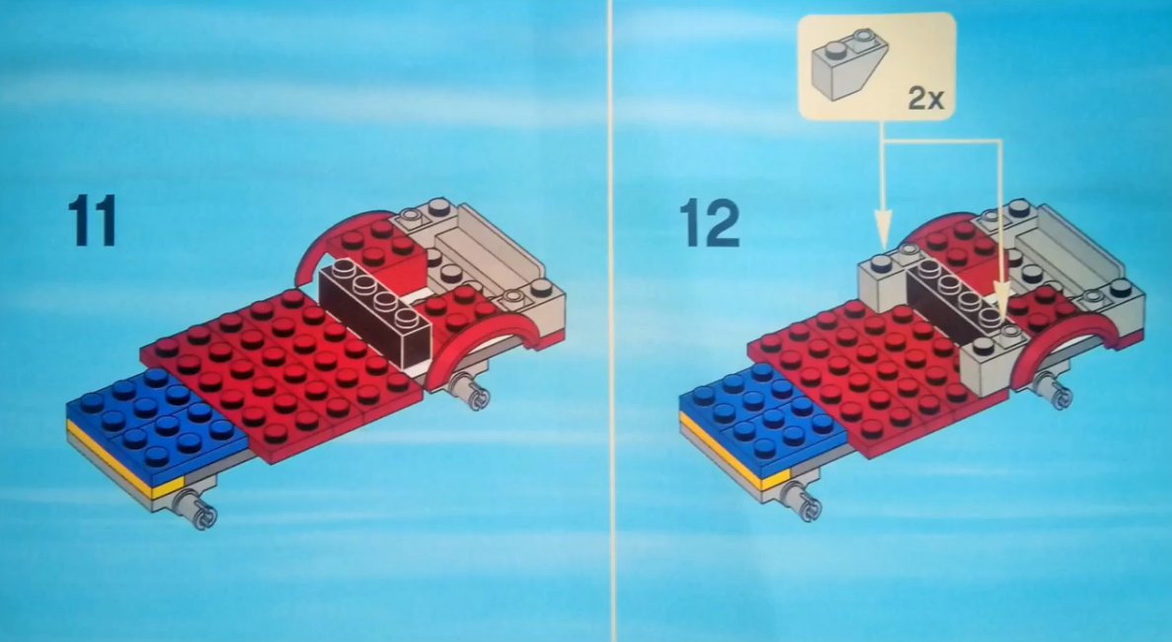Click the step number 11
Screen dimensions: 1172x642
pos(93,220)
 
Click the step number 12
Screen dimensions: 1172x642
pos(709,222)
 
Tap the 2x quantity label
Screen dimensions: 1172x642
pos(925,98)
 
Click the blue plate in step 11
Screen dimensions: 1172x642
pos(157,423)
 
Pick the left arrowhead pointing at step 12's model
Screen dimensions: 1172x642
pos(883,229)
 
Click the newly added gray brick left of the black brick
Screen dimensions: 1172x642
pos(884,283)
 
